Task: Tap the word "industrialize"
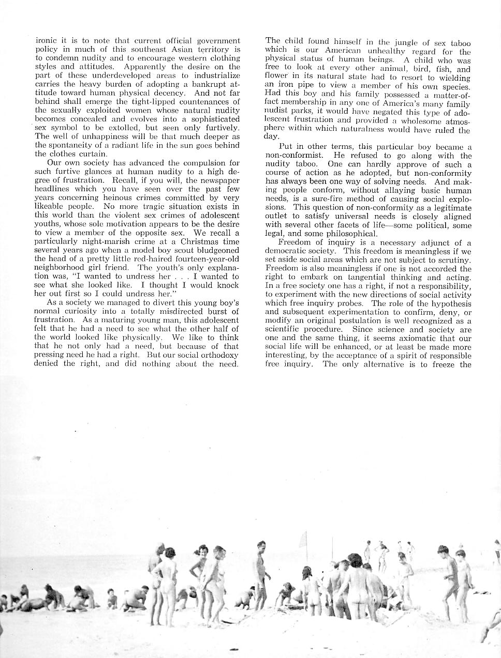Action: click(x=217, y=75)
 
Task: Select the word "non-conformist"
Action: click(x=294, y=156)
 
